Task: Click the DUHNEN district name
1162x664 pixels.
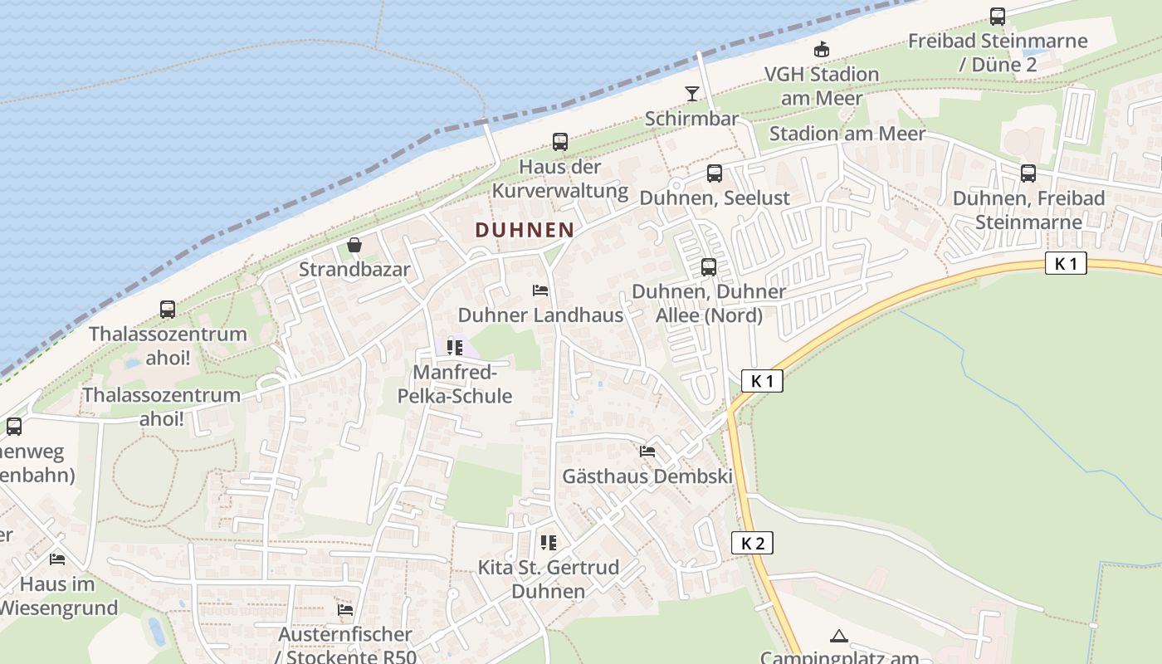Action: point(524,230)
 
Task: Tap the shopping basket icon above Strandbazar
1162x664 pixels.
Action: point(354,245)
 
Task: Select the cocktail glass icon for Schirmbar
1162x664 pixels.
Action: point(692,93)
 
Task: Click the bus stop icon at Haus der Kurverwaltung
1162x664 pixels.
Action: point(560,142)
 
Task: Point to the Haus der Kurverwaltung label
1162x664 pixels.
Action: point(560,178)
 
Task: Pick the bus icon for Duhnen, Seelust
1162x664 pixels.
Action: point(715,173)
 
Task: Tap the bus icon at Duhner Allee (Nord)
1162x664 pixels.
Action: point(709,267)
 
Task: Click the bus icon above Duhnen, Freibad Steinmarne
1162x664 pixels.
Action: point(1028,173)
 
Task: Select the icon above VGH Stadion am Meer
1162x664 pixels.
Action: point(821,49)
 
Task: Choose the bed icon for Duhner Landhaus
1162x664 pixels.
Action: point(540,290)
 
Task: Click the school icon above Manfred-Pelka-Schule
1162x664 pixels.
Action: point(455,347)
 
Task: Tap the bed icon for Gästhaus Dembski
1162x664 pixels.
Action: point(647,452)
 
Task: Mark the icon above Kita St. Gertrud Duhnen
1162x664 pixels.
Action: point(548,543)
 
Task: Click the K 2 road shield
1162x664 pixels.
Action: point(752,544)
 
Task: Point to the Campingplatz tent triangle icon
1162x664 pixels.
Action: point(839,637)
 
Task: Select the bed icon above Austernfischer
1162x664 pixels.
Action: point(345,610)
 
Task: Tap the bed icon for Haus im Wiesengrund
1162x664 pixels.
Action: point(57,559)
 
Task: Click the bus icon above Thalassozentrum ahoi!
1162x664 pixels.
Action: point(168,310)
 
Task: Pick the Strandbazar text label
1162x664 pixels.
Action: point(354,270)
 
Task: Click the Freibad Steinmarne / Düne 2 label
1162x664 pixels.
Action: point(997,52)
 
